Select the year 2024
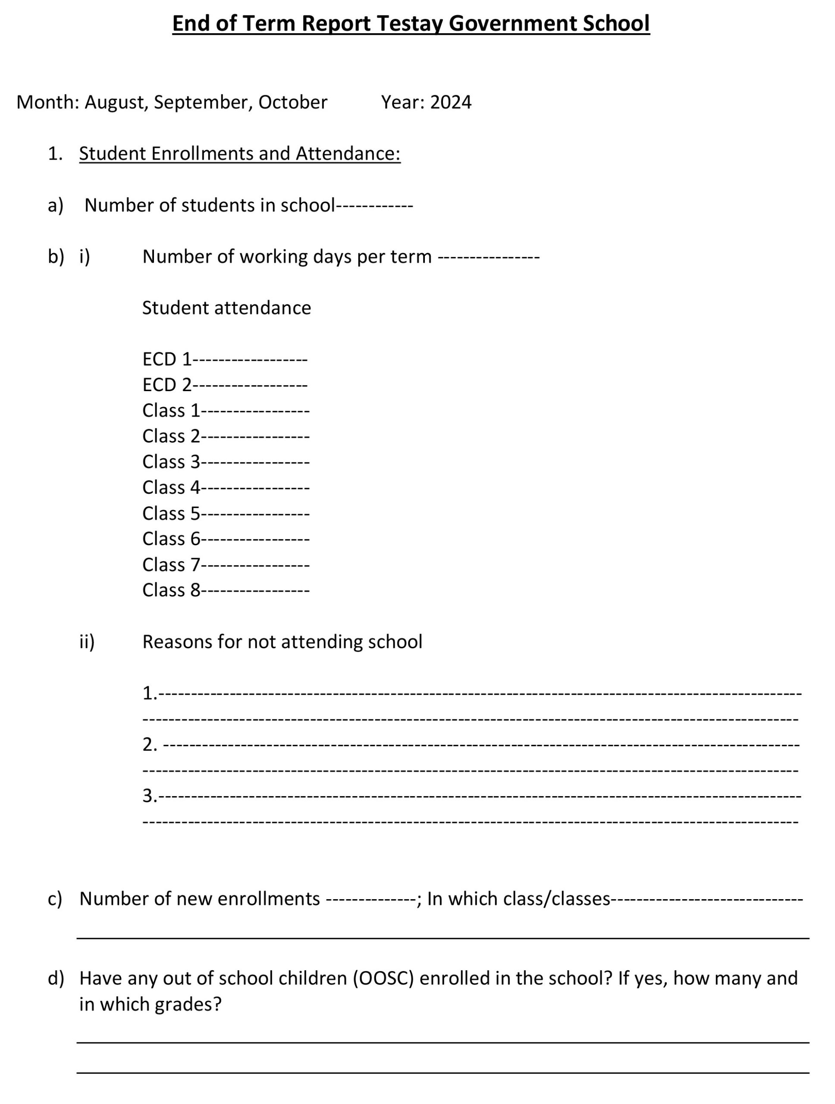pyautogui.click(x=450, y=102)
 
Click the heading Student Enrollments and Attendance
pyautogui.click(x=239, y=154)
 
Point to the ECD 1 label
pyautogui.click(x=167, y=359)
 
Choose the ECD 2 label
pyautogui.click(x=167, y=385)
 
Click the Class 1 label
pyautogui.click(x=171, y=411)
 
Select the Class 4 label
pyautogui.click(x=171, y=488)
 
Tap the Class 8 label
pyautogui.click(x=171, y=590)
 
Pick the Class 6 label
pyautogui.click(x=171, y=539)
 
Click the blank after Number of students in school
pyautogui.click(x=374, y=206)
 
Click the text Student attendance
pyautogui.click(x=226, y=308)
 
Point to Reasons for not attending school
pyautogui.click(x=282, y=642)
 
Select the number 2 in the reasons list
pyautogui.click(x=149, y=745)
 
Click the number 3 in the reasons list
pyautogui.click(x=149, y=796)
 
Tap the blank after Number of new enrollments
pyautogui.click(x=370, y=899)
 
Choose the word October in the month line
pyautogui.click(x=292, y=102)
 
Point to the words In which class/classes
pyautogui.click(x=518, y=899)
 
